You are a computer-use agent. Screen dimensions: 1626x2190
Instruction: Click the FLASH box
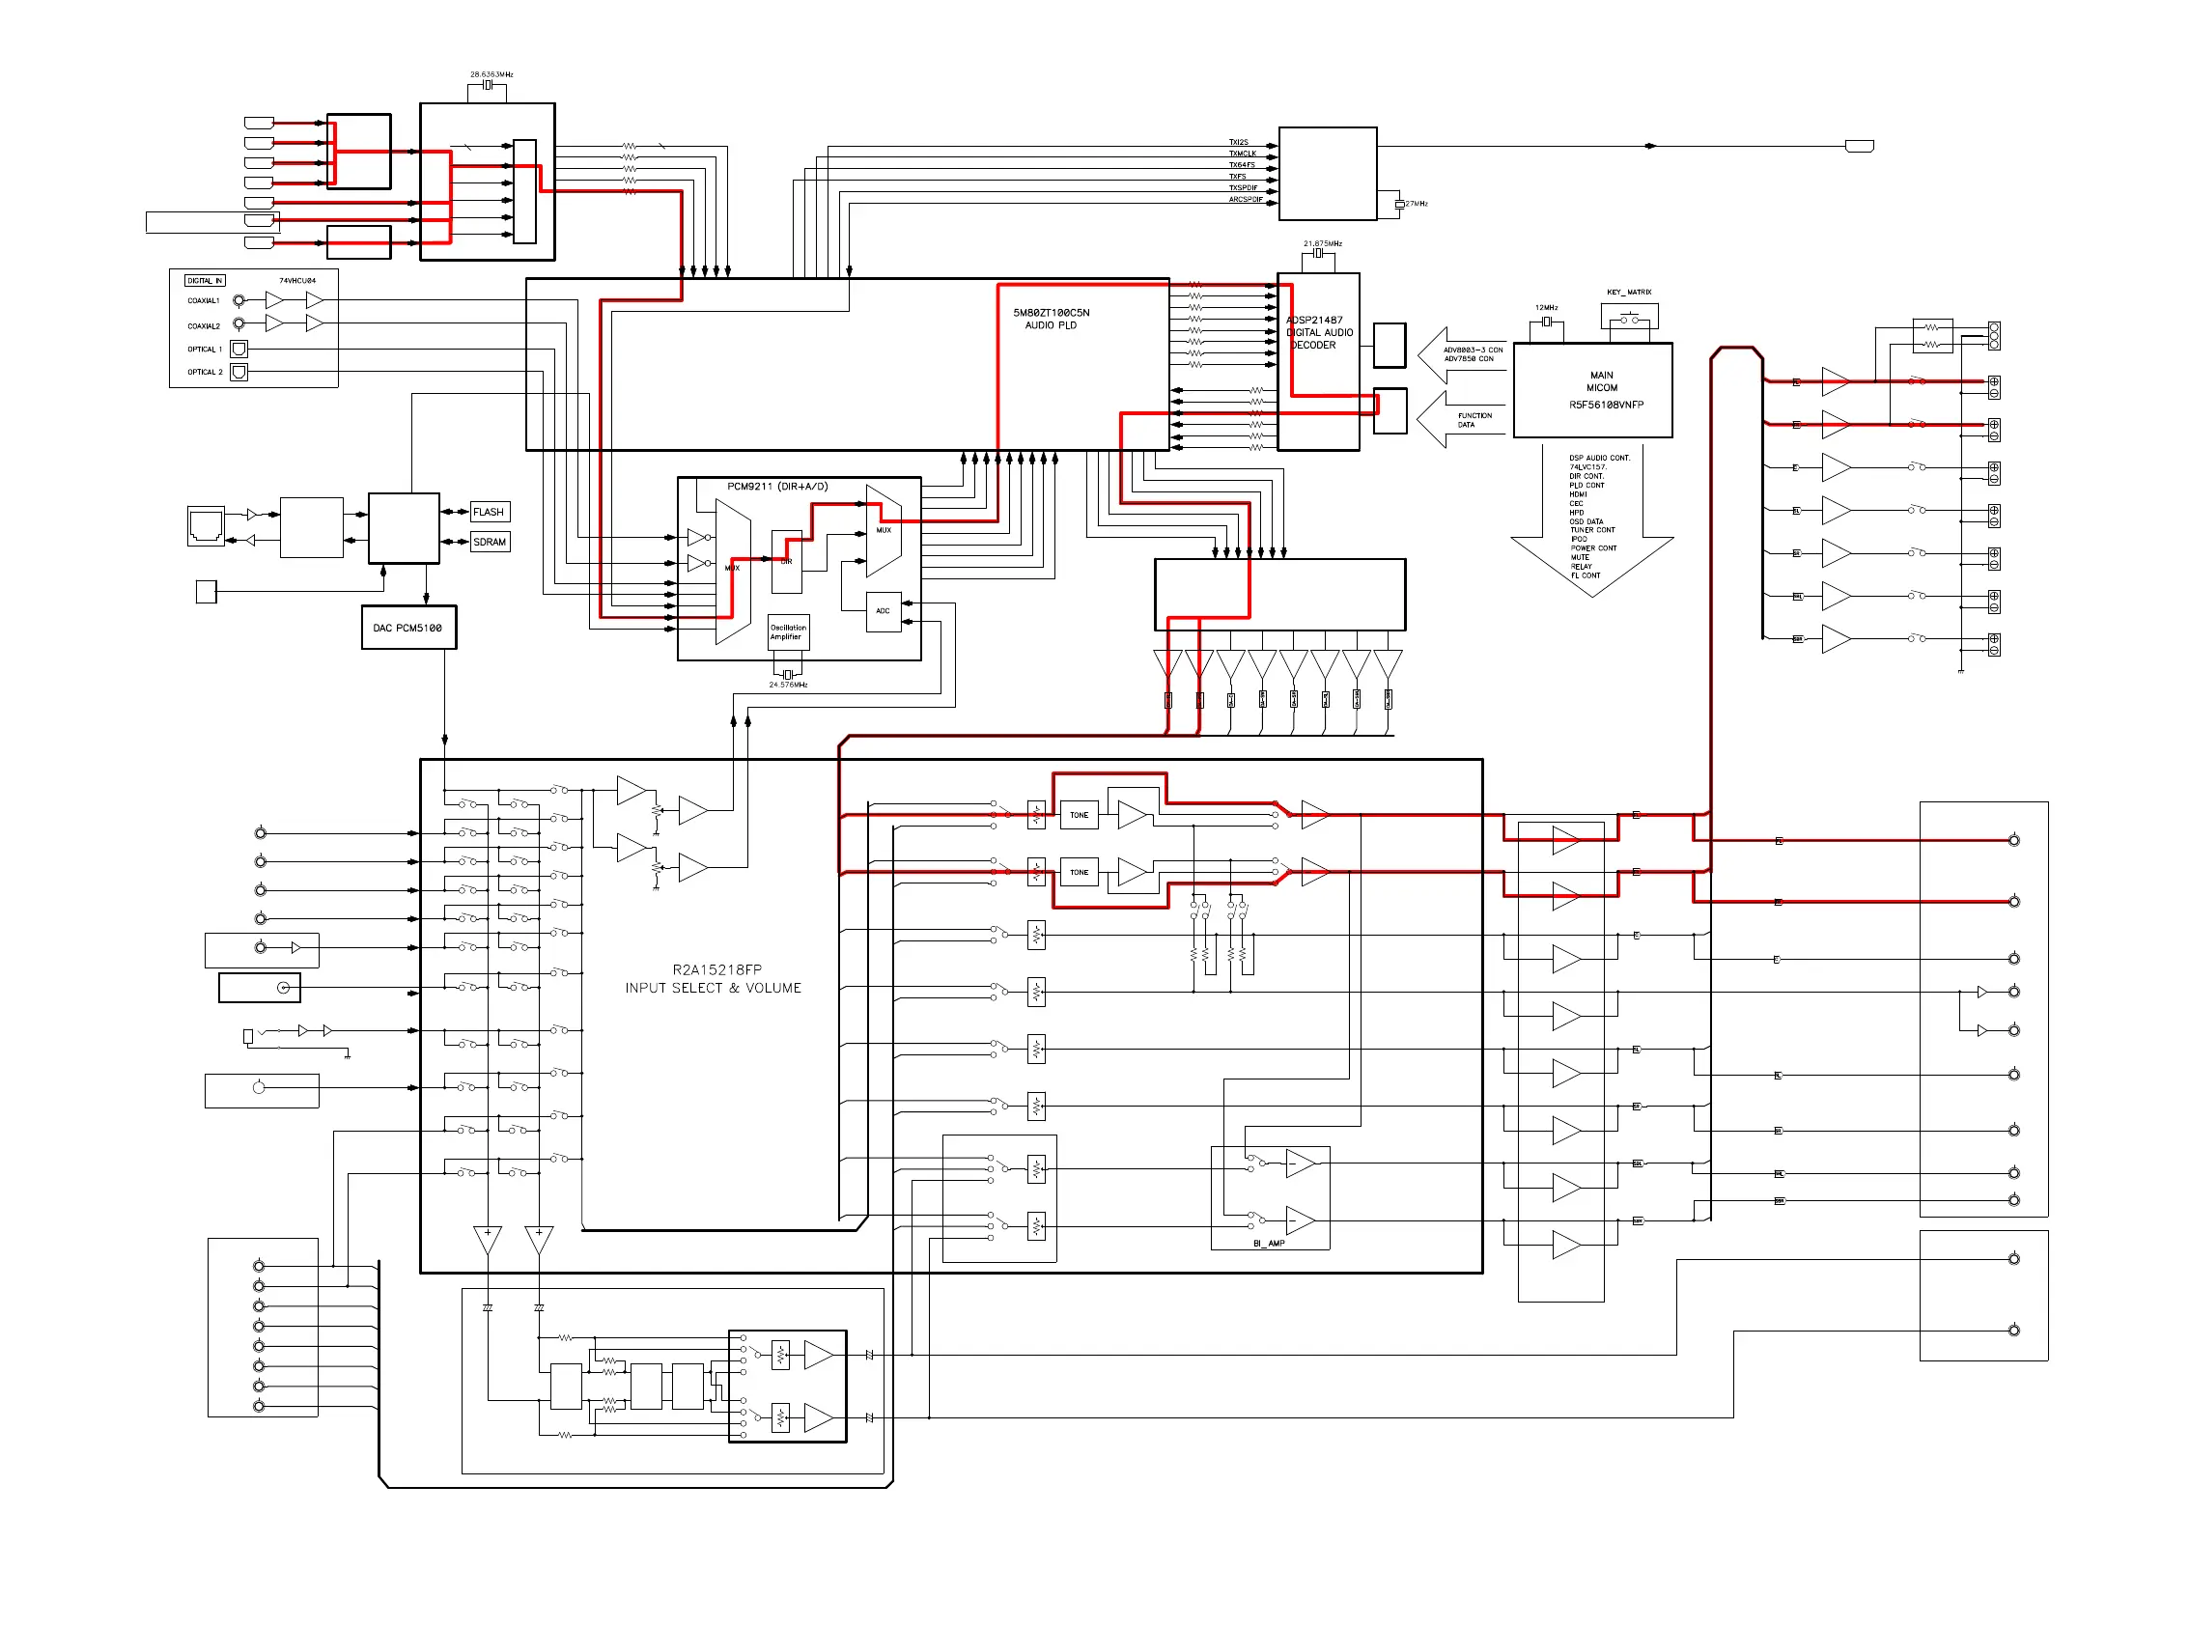[x=490, y=512]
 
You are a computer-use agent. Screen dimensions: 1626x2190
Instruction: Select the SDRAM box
[x=490, y=542]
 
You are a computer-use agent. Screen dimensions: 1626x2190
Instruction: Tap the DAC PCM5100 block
[x=408, y=628]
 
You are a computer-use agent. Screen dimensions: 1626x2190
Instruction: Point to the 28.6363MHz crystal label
[x=491, y=74]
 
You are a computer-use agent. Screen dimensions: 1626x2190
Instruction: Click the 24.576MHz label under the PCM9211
[x=787, y=685]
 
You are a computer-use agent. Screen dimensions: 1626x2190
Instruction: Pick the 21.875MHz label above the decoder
[x=1322, y=244]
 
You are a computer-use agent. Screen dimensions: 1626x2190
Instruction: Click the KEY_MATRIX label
[x=1629, y=293]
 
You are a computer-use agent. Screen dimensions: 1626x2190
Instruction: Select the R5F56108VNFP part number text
[x=1606, y=405]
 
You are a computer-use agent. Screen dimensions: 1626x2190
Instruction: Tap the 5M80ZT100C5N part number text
[x=1052, y=313]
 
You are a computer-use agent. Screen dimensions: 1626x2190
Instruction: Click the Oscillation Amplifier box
[x=787, y=631]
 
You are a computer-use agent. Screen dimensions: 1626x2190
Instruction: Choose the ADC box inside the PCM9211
[x=883, y=611]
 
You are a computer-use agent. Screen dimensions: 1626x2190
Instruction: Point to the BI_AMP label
[x=1269, y=1243]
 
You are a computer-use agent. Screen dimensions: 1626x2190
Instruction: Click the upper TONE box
[x=1079, y=815]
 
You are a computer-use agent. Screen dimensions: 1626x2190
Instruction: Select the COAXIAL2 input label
[x=204, y=325]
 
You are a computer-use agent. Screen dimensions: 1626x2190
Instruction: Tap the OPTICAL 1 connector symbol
[x=239, y=349]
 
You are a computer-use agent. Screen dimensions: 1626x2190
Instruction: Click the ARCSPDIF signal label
[x=1245, y=200]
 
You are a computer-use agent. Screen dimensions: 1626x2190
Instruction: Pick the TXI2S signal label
[x=1238, y=143]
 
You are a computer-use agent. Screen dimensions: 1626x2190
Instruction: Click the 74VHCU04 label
[x=297, y=282]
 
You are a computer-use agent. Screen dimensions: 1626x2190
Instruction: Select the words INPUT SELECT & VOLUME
[x=713, y=988]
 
